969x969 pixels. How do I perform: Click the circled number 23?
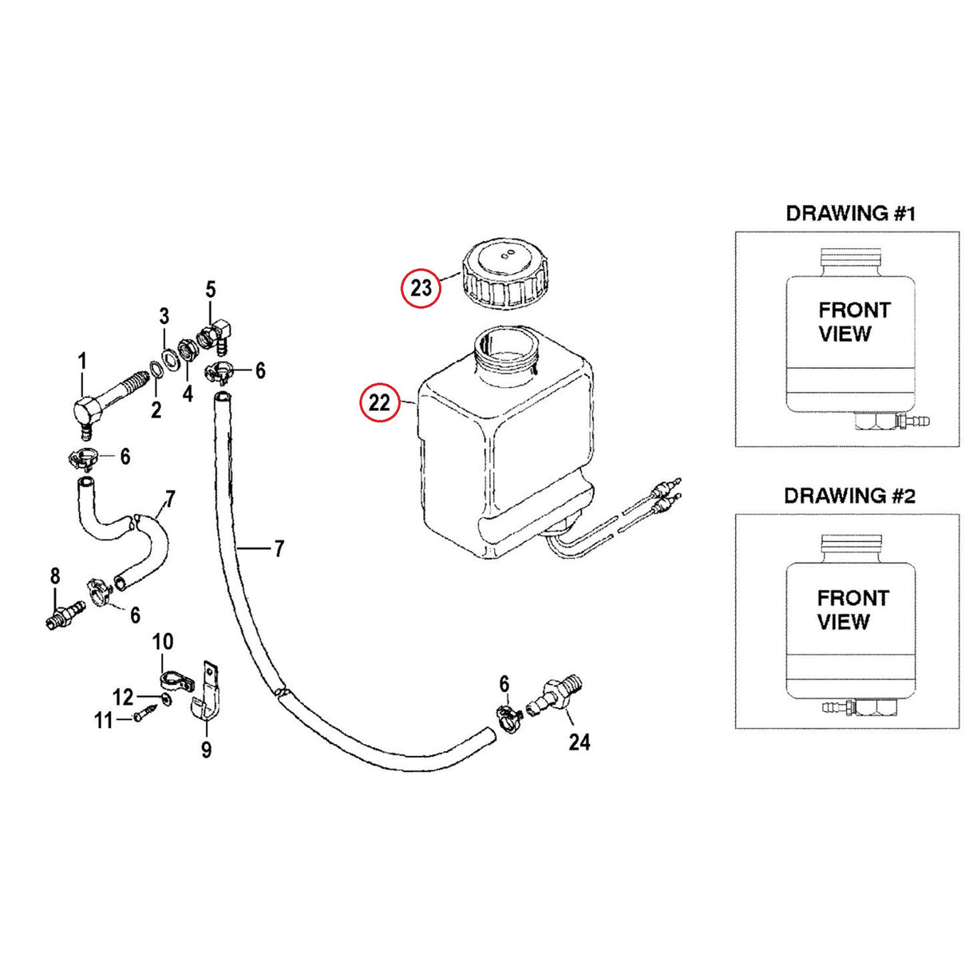(421, 288)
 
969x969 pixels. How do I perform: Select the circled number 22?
(379, 402)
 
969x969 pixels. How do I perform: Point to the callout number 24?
(579, 742)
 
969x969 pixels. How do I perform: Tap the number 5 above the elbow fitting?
(211, 290)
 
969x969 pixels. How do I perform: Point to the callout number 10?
(163, 642)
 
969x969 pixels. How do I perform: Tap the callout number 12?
(123, 698)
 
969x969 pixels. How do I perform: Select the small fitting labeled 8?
(65, 614)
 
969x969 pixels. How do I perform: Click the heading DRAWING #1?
(850, 213)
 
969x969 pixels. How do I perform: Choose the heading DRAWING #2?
(850, 496)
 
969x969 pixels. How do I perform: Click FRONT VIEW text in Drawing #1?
(854, 322)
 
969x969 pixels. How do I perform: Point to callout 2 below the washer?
(156, 409)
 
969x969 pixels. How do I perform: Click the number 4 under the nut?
(188, 394)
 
